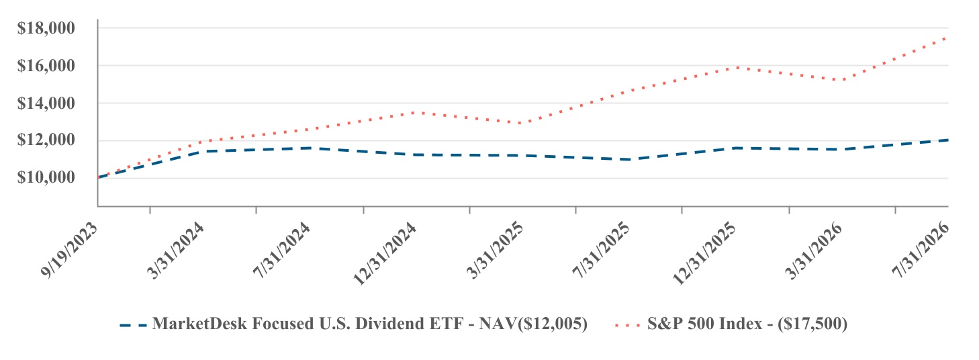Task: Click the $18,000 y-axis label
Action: (46, 28)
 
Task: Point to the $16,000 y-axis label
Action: (46, 66)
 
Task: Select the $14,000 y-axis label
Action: (46, 103)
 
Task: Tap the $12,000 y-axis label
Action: (46, 140)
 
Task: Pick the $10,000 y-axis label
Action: (46, 177)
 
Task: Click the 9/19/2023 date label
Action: (69, 251)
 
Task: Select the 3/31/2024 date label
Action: (175, 251)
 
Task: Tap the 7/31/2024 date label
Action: (281, 251)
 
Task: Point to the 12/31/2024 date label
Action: (384, 254)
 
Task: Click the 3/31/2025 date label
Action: (495, 251)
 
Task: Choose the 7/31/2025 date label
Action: (601, 251)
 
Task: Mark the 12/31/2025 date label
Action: (704, 254)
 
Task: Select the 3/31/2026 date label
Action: (813, 251)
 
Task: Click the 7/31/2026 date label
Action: (921, 251)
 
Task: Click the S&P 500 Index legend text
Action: (747, 324)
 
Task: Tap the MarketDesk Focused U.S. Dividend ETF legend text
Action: (370, 324)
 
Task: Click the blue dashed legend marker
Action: (134, 325)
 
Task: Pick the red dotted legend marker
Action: (627, 325)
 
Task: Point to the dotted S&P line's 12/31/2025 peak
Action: (737, 68)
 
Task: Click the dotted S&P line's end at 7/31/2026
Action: (947, 38)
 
